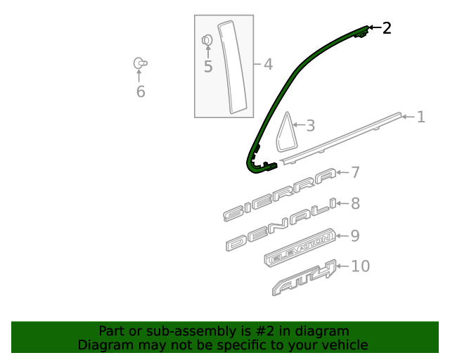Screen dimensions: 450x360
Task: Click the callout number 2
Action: click(x=387, y=28)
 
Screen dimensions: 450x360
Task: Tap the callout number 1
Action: click(x=420, y=117)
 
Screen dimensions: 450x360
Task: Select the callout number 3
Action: click(x=311, y=126)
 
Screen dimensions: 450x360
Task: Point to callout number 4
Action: click(x=268, y=64)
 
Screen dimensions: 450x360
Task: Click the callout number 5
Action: click(x=208, y=67)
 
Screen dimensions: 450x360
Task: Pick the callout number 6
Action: click(x=141, y=92)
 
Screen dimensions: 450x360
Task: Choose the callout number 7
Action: click(x=355, y=172)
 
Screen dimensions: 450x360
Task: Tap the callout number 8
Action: click(x=355, y=204)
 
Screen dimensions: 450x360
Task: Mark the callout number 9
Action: click(x=355, y=236)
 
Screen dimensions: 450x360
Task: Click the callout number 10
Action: click(x=361, y=266)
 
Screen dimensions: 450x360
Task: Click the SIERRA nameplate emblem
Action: click(x=279, y=195)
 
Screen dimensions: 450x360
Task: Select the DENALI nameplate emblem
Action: click(x=281, y=224)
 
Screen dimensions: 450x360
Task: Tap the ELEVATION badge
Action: click(x=300, y=247)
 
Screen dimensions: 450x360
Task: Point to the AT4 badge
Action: click(x=304, y=278)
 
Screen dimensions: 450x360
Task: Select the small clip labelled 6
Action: click(x=140, y=63)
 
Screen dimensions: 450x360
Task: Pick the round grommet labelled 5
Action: click(x=207, y=40)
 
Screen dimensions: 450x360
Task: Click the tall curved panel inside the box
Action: click(x=233, y=67)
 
